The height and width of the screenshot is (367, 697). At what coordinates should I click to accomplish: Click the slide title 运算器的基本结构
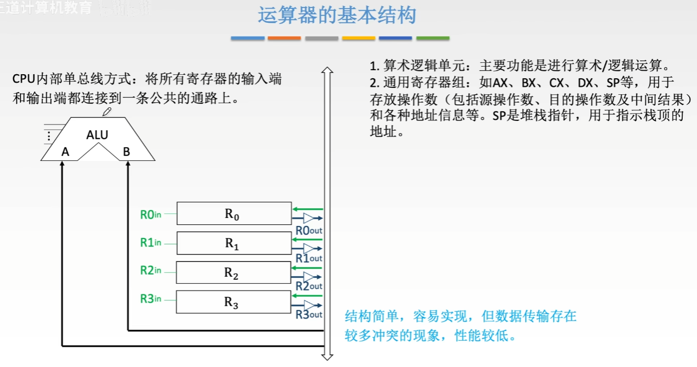click(337, 15)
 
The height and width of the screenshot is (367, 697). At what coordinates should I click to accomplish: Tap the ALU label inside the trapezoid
click(97, 135)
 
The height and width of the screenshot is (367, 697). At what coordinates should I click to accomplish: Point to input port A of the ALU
click(66, 152)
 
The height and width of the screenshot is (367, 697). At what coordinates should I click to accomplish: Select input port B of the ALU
click(127, 152)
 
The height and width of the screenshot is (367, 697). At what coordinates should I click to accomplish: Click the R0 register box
click(233, 213)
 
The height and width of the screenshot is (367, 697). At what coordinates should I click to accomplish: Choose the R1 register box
click(233, 243)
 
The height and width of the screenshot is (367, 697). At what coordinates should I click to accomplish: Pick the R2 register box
click(233, 273)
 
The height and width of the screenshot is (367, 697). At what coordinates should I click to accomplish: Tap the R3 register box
click(233, 303)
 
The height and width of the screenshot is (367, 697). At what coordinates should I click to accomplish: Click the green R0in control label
click(151, 215)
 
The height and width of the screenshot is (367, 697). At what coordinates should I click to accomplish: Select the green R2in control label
click(151, 270)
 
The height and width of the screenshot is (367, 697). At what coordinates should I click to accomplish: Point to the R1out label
click(309, 258)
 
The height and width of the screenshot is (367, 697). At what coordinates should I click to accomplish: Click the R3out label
click(309, 314)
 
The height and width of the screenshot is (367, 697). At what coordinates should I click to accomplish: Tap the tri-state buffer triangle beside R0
click(309, 218)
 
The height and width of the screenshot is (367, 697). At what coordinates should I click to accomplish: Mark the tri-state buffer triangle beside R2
click(309, 277)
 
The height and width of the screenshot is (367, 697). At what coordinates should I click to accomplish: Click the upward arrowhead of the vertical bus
click(327, 71)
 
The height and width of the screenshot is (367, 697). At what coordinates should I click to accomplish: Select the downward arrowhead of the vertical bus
click(327, 357)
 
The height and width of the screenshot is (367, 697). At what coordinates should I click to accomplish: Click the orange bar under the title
click(284, 38)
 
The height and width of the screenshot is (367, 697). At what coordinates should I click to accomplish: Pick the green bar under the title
click(433, 38)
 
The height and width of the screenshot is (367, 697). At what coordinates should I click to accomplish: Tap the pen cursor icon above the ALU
click(107, 112)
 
